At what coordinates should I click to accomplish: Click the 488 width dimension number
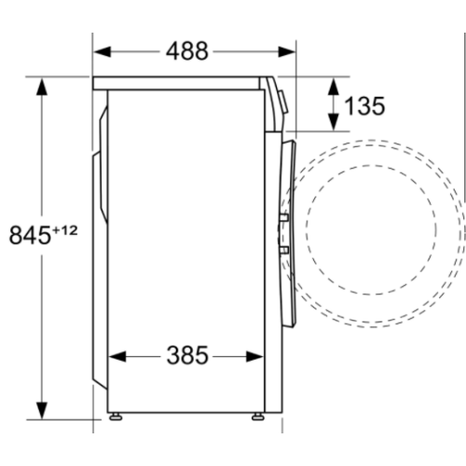[187, 51]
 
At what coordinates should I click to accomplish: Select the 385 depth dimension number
[187, 355]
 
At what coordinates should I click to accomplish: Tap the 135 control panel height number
[364, 106]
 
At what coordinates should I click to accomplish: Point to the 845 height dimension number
[30, 235]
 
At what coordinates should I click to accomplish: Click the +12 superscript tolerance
[65, 231]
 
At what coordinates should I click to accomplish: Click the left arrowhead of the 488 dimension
[103, 51]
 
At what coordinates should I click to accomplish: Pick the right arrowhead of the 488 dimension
[286, 51]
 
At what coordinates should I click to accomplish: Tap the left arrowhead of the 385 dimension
[117, 356]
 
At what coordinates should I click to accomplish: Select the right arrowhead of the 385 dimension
[254, 356]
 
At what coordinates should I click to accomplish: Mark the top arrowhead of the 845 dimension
[42, 87]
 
